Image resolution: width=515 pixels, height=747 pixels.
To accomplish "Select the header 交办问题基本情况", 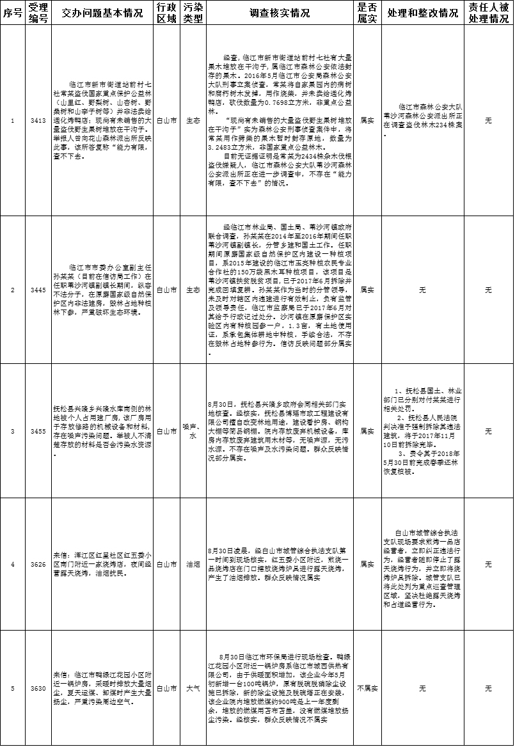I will pyautogui.click(x=102, y=13).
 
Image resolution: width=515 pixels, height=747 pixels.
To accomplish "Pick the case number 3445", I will pyautogui.click(x=38, y=290).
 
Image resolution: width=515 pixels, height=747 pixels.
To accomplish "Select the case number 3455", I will pyautogui.click(x=38, y=431).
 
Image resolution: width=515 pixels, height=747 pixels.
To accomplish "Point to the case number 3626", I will pyautogui.click(x=38, y=564).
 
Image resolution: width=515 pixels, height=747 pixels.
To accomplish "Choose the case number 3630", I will pyautogui.click(x=38, y=688).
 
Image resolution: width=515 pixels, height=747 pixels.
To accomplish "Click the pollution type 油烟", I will pyautogui.click(x=193, y=564).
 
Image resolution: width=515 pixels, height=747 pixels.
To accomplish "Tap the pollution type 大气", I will pyautogui.click(x=193, y=688).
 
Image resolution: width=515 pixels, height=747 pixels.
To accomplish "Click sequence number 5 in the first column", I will pyautogui.click(x=13, y=688).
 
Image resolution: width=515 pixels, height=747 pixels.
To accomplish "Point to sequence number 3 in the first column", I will pyautogui.click(x=13, y=431).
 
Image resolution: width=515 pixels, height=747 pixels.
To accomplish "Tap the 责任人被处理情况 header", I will pyautogui.click(x=488, y=13).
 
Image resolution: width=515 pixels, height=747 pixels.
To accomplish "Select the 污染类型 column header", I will pyautogui.click(x=193, y=13).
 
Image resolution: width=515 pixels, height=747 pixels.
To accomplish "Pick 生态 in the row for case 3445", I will pyautogui.click(x=193, y=290).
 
